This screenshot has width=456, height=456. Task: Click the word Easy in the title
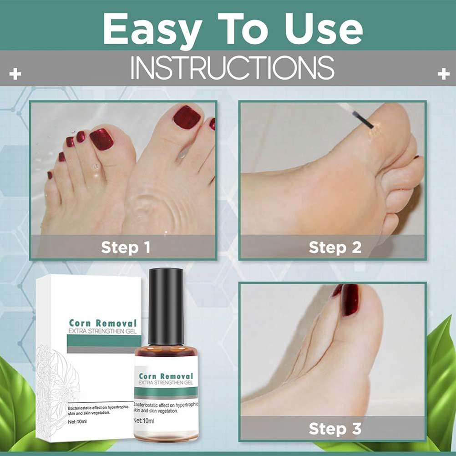point(152,30)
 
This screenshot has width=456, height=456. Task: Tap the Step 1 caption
point(126,248)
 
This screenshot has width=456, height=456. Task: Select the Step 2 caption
point(335,248)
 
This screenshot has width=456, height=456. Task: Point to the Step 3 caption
point(335,429)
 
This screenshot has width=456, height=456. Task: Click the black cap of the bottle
point(166,307)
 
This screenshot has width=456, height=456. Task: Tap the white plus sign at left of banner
point(15,74)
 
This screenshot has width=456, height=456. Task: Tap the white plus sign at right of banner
point(444,74)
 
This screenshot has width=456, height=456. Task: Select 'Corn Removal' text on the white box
point(103,323)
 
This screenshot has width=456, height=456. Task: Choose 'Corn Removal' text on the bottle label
point(166,376)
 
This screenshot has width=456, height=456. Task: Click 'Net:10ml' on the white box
point(77,422)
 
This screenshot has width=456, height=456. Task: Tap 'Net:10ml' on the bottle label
point(144,421)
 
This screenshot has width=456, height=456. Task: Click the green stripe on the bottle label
point(166,392)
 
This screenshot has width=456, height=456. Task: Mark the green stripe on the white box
point(104,340)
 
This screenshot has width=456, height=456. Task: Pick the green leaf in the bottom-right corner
point(441,378)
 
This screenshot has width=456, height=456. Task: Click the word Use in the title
point(324,29)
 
